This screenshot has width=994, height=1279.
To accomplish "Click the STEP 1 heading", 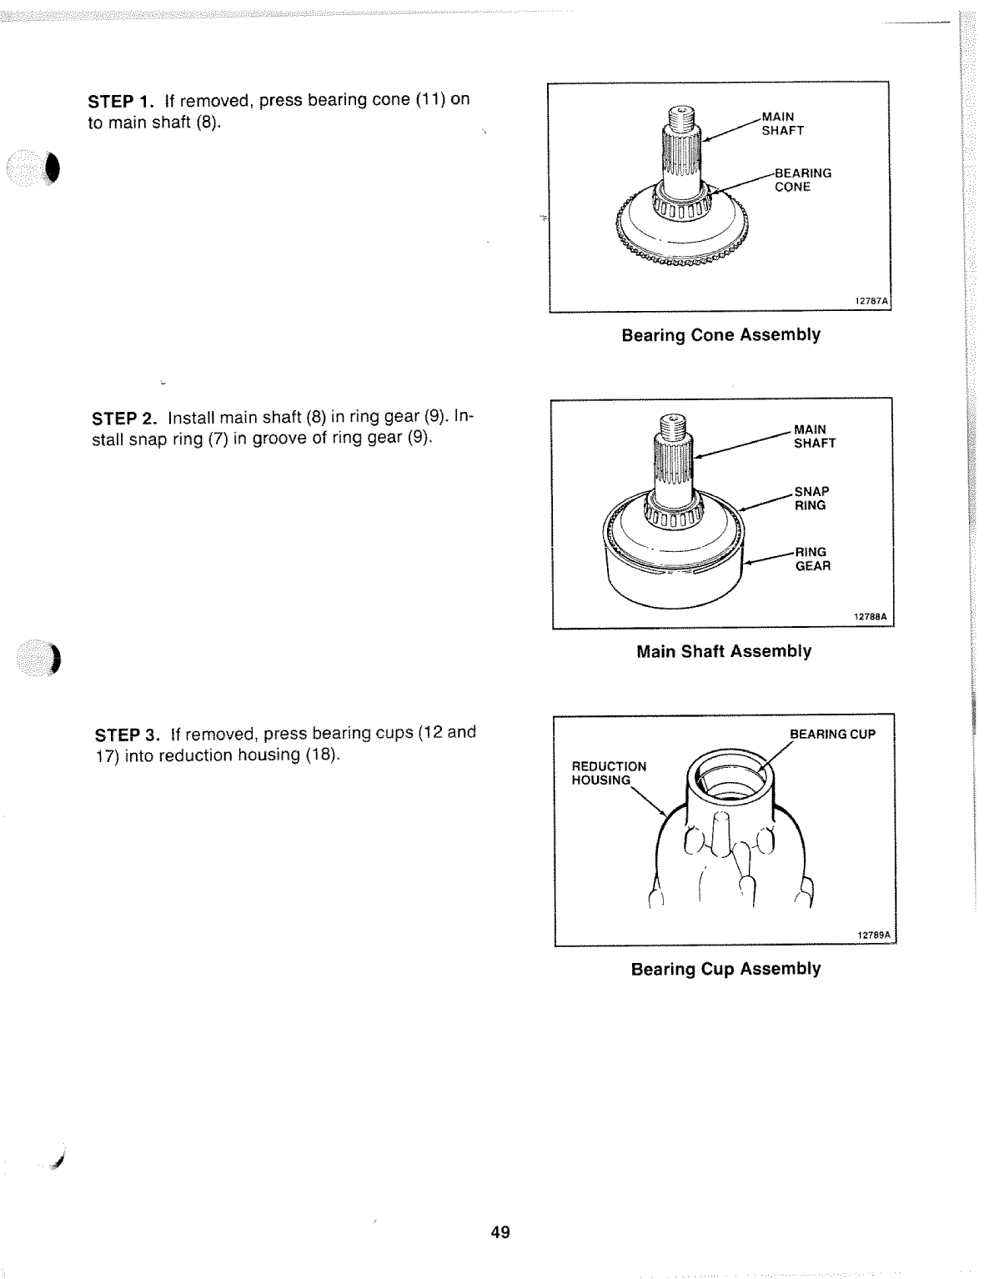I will pyautogui.click(x=122, y=102).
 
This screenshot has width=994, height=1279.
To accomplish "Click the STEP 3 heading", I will pyautogui.click(x=128, y=735).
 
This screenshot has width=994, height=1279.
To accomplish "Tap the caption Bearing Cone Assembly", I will pyautogui.click(x=720, y=335).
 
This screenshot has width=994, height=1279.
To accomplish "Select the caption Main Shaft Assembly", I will pyautogui.click(x=723, y=651).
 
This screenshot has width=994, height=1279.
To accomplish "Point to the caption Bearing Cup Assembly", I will pyautogui.click(x=725, y=969).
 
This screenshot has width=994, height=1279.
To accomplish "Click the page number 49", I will pyautogui.click(x=500, y=1232).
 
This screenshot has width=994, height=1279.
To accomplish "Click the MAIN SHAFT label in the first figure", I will pyautogui.click(x=782, y=123).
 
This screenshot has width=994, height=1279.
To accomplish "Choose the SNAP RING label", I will pyautogui.click(x=811, y=499).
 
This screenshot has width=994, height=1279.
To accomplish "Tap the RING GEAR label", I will pyautogui.click(x=812, y=559).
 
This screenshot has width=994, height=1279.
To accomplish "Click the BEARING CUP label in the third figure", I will pyautogui.click(x=832, y=735).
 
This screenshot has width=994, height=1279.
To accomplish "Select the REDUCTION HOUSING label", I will pyautogui.click(x=608, y=773).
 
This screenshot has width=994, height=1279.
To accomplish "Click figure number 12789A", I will pyautogui.click(x=874, y=935).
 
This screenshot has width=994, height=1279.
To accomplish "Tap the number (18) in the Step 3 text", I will pyautogui.click(x=323, y=755).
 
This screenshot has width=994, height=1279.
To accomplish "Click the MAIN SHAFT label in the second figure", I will pyautogui.click(x=814, y=436).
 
